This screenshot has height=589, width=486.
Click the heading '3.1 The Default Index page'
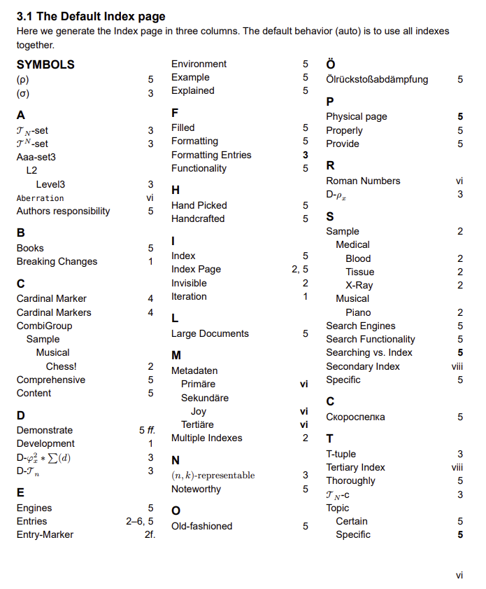91,16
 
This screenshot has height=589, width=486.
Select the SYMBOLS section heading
45,64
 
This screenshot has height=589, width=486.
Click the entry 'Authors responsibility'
63,211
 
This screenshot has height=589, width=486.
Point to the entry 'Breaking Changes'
57,261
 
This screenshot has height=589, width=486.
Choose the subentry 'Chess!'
61,366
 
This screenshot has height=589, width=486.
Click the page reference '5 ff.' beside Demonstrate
147,430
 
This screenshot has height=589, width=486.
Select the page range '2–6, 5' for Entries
139,521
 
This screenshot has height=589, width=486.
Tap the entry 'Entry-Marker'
45,534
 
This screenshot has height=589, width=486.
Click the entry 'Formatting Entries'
211,155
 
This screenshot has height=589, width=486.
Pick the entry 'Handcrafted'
198,219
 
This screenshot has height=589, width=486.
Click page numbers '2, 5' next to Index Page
299,269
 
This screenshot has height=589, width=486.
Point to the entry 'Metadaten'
194,370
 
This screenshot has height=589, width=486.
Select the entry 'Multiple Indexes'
207,438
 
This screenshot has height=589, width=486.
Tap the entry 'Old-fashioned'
201,526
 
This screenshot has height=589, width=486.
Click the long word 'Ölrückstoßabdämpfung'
377,79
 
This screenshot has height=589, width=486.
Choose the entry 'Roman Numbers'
363,181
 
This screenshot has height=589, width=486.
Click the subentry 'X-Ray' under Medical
359,285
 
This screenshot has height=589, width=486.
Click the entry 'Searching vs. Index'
369,352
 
